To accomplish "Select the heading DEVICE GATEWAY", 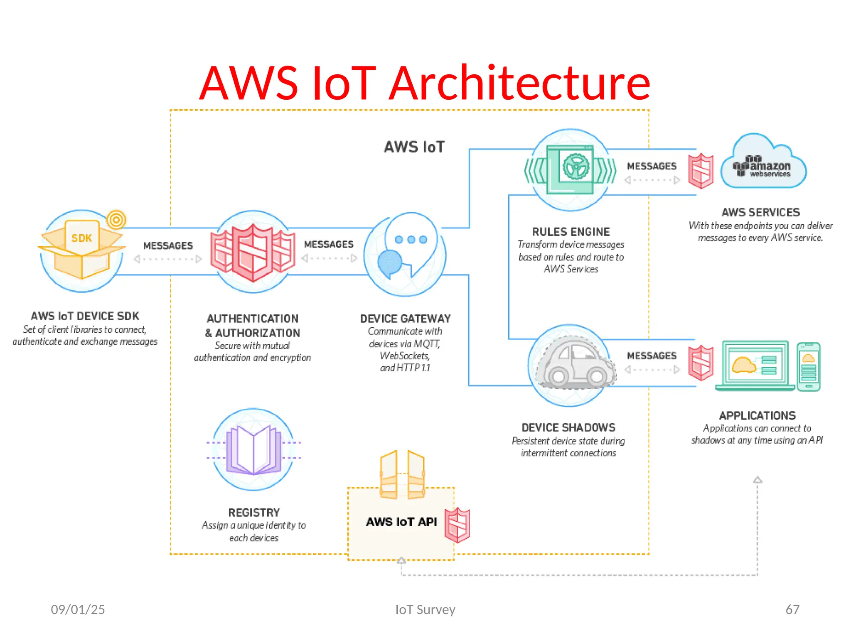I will (x=405, y=319).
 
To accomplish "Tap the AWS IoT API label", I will (x=401, y=522).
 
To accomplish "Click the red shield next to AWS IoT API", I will (x=457, y=525).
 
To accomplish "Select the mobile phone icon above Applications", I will (x=809, y=367).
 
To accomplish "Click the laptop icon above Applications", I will (x=755, y=366).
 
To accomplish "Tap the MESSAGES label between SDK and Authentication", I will (x=168, y=246).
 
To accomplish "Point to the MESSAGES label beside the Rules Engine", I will (x=652, y=166).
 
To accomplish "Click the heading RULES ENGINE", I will (x=571, y=232).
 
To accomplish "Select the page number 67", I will (x=792, y=609).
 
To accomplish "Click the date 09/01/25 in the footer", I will (x=78, y=609).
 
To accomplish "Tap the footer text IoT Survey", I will (x=425, y=609).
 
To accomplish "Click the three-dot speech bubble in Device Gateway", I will (x=411, y=240).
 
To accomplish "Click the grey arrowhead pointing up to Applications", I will (x=758, y=480).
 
